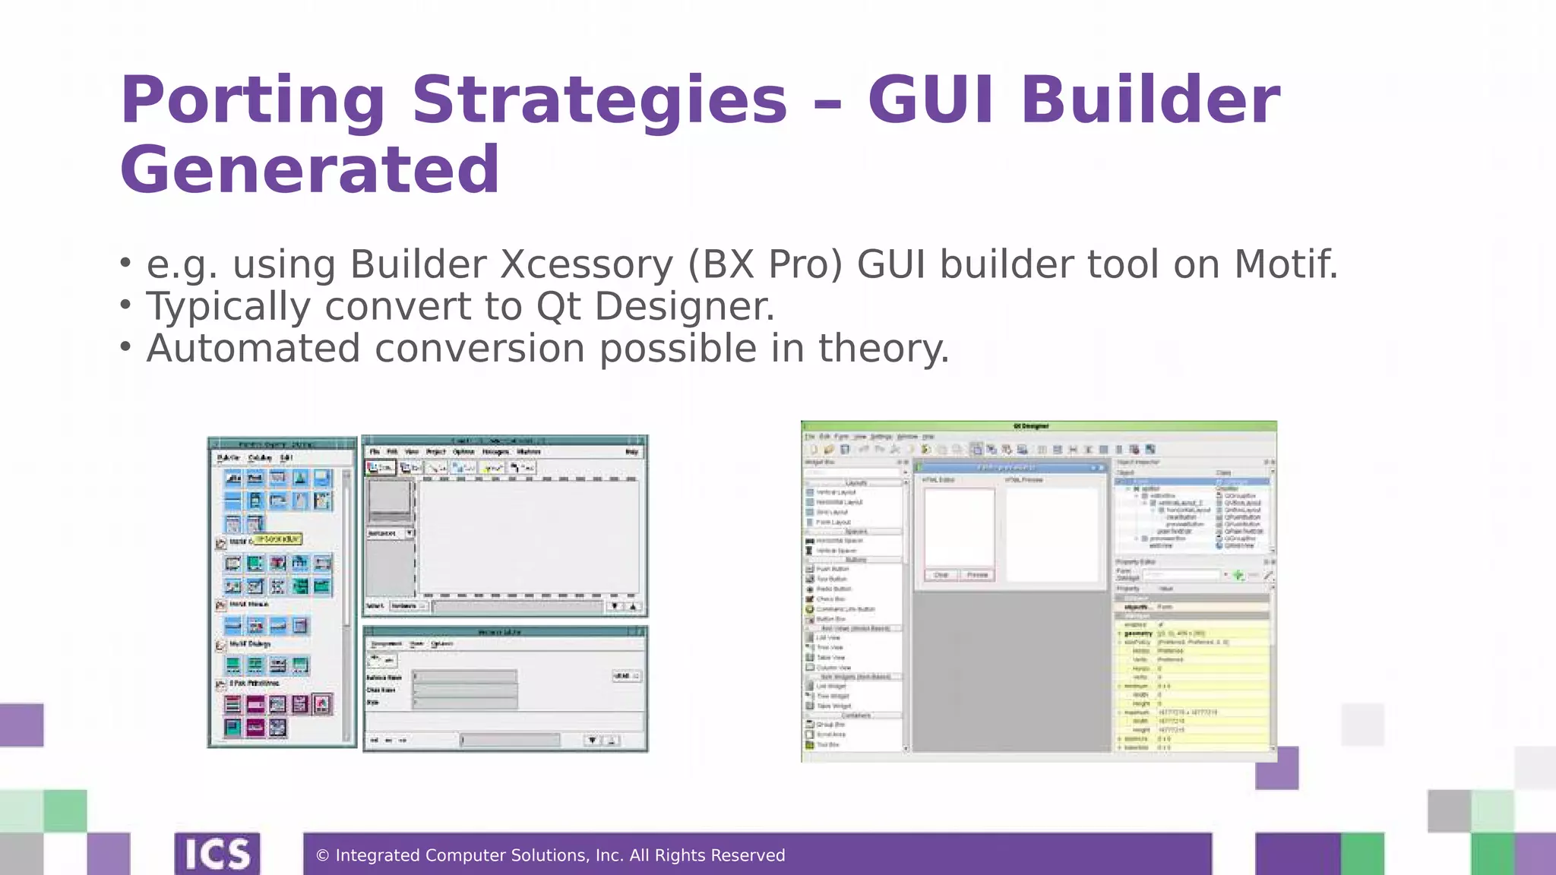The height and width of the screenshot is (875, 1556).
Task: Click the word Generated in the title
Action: [310, 170]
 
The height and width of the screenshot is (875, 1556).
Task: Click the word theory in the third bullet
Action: [881, 349]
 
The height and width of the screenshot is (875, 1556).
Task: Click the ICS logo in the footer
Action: [217, 854]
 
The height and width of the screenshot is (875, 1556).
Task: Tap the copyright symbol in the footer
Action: [322, 856]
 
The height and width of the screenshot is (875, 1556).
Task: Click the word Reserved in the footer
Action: [748, 856]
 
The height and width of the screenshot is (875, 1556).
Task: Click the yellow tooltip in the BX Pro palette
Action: [277, 539]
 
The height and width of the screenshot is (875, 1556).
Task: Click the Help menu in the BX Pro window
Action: [631, 452]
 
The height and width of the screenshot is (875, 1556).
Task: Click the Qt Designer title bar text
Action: [1031, 427]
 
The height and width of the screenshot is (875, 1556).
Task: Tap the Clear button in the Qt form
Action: [941, 575]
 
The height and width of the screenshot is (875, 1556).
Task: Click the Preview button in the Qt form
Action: [977, 575]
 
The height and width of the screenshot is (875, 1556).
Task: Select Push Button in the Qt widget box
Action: [833, 569]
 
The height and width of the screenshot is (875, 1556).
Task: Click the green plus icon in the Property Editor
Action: [1238, 575]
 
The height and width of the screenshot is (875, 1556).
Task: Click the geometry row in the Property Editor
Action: [1193, 633]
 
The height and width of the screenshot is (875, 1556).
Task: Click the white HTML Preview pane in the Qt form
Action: [1052, 532]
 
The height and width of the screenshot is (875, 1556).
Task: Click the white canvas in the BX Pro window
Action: [528, 535]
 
